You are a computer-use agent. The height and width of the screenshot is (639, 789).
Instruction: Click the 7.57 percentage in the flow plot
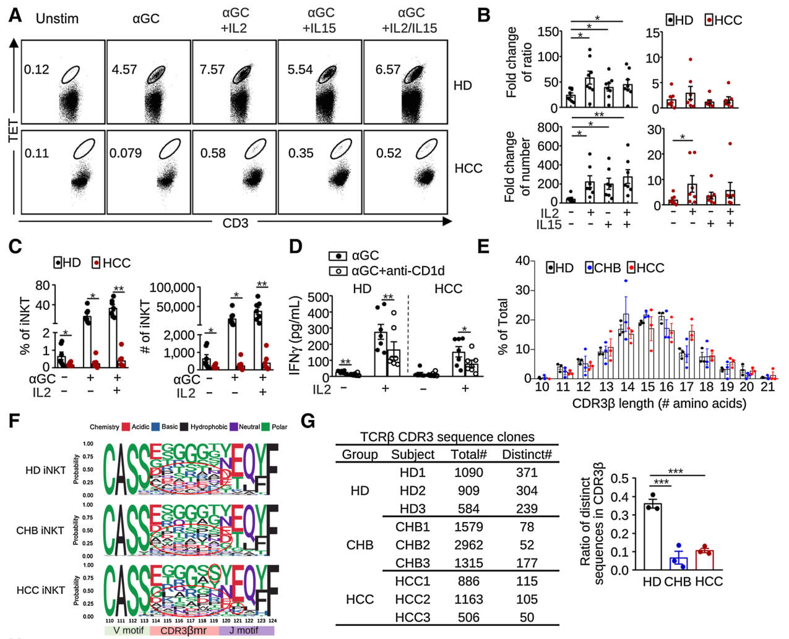[x=212, y=69]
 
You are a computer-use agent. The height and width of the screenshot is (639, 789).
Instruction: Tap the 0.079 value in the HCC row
[x=126, y=153]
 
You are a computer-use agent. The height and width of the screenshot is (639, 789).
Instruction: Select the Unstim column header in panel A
[x=57, y=19]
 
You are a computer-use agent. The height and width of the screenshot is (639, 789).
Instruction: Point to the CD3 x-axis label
[x=235, y=223]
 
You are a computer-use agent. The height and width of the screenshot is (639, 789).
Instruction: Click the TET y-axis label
[x=14, y=131]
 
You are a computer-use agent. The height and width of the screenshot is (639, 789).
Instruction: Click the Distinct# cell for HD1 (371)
[x=527, y=473]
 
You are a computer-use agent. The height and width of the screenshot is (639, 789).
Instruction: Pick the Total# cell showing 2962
[x=468, y=545]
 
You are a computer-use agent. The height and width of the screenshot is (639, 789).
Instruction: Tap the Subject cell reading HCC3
[x=413, y=617]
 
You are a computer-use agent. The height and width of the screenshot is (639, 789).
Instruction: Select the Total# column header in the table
[x=468, y=455]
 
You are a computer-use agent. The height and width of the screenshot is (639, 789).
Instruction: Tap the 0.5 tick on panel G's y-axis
[x=620, y=479]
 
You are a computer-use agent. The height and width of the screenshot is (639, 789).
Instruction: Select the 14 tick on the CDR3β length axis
[x=627, y=387]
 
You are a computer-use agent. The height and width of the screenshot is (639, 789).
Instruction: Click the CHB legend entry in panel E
[x=605, y=268]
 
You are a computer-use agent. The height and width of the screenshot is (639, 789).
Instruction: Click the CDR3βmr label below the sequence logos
[x=184, y=630]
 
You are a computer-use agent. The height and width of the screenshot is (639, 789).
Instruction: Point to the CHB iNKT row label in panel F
[x=40, y=530]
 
